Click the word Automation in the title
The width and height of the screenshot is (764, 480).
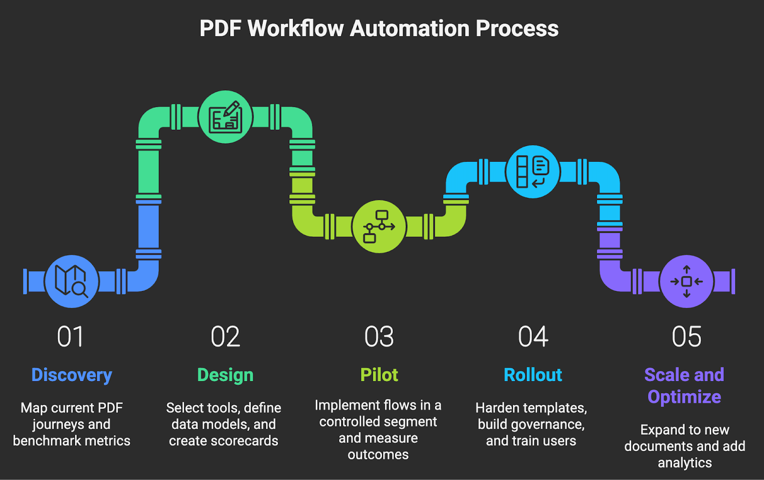[x=410, y=29]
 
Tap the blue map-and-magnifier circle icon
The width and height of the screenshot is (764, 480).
[x=72, y=282]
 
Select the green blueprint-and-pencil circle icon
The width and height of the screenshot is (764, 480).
[x=225, y=117]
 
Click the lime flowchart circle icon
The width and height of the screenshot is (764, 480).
[x=379, y=227]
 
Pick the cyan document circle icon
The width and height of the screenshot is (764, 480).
[x=533, y=172]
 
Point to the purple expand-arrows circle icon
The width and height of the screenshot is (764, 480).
[x=687, y=282]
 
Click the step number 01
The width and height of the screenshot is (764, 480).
[x=71, y=337]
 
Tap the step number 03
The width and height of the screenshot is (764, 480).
[x=379, y=337]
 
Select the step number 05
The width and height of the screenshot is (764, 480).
[x=687, y=337]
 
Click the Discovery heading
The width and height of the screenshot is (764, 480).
[x=72, y=375]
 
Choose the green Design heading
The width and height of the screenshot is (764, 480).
[x=225, y=375]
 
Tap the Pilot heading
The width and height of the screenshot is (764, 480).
[x=379, y=375]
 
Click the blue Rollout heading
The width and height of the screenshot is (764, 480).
[x=533, y=375]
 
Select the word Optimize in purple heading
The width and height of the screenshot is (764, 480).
[x=684, y=397]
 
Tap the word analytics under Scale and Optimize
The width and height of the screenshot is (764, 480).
[x=685, y=463]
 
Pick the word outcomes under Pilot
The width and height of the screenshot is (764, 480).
[x=378, y=455]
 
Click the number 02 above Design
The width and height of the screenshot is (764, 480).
[x=225, y=337]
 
